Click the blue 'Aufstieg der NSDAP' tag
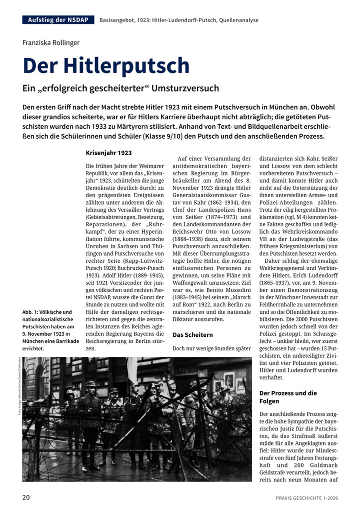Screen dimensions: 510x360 point(58,20)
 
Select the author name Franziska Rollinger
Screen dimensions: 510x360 point(51,43)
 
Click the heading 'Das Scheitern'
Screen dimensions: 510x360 point(192,334)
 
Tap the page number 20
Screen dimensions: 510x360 point(26,497)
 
